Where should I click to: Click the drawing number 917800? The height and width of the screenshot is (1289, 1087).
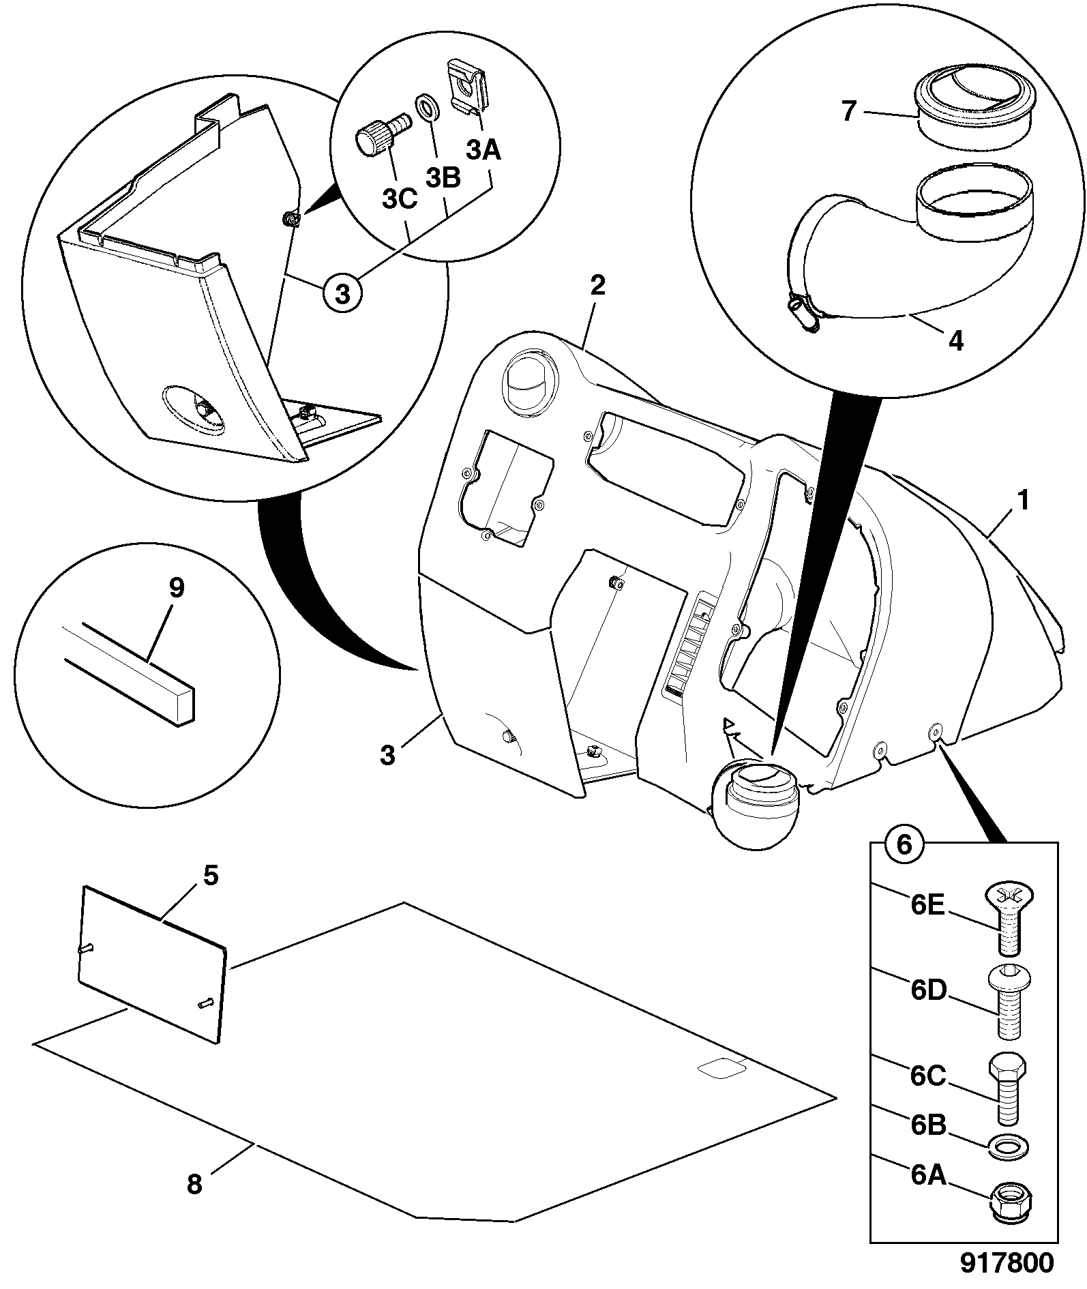click(x=1007, y=1262)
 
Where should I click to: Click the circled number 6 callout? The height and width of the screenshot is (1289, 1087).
click(x=904, y=845)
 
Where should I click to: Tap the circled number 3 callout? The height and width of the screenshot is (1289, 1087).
click(x=342, y=294)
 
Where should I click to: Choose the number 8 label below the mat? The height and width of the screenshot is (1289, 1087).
click(x=195, y=1183)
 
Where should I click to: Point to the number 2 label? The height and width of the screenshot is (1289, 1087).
click(x=597, y=285)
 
